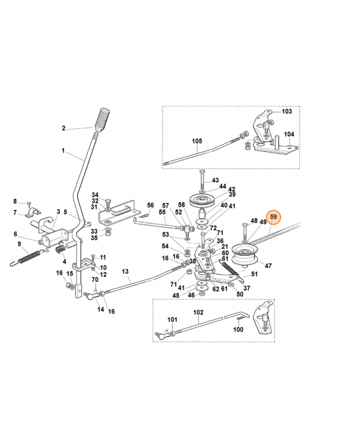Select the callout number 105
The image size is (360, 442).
pos(197,141)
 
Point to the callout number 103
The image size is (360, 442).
pos(287,111)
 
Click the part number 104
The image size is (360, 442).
pos(289,134)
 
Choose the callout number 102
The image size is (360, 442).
pos(198,312)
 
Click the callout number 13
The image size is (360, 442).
pos(125,272)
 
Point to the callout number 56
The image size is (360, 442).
pos(151,205)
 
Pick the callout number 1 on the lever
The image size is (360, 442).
pos(63,150)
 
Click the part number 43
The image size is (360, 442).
pos(215,180)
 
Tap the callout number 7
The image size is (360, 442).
pos(15,212)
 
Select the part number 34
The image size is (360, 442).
pos(95,194)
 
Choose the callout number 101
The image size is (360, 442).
pos(172,320)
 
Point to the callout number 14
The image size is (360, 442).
pos(100,309)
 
